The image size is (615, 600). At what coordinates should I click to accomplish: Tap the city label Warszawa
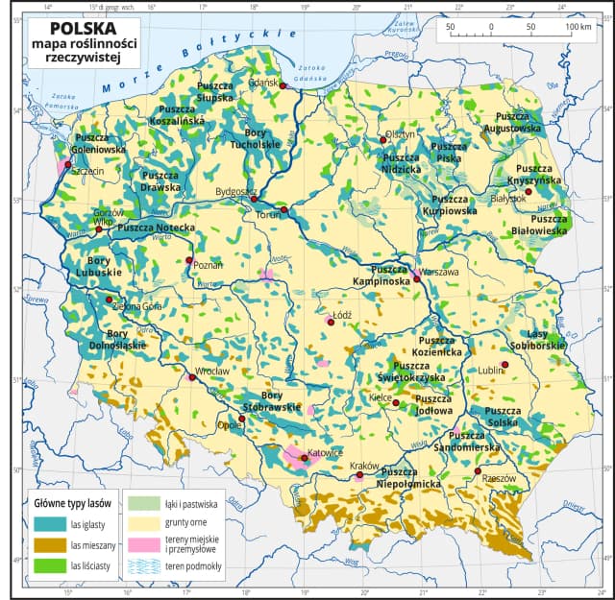click(x=440, y=272)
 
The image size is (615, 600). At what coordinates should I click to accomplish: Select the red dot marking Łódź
click(x=331, y=324)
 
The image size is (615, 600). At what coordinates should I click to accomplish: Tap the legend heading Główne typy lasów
click(x=73, y=502)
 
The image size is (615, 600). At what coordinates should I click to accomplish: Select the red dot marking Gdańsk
click(x=283, y=85)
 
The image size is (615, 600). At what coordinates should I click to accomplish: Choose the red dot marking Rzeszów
click(x=478, y=471)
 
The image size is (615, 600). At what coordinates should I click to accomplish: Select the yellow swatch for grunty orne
click(x=144, y=523)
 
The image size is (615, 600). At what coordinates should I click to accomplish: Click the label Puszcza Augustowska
click(x=520, y=121)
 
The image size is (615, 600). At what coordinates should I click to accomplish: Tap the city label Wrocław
click(x=210, y=370)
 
